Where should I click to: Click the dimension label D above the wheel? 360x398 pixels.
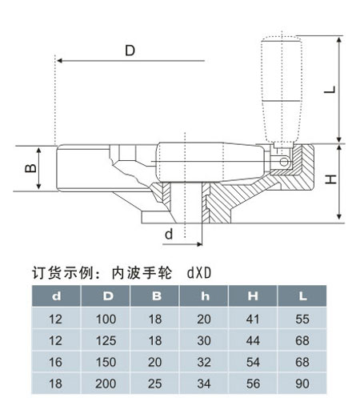click(x=130, y=50)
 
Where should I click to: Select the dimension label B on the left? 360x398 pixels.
click(x=30, y=168)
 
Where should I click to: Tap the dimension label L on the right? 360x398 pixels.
click(x=330, y=90)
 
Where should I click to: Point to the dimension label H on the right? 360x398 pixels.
click(x=330, y=179)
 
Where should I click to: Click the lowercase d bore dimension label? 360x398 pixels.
click(x=169, y=234)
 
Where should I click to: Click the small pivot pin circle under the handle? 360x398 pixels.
click(x=284, y=162)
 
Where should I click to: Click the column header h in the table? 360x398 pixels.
click(x=205, y=295)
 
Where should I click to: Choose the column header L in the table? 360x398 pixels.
click(x=302, y=295)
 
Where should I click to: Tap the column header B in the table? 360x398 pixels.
click(x=156, y=295)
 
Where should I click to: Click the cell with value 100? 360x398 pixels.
click(x=106, y=320)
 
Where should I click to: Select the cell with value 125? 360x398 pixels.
click(x=106, y=340)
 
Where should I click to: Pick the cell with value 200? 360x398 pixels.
click(x=106, y=384)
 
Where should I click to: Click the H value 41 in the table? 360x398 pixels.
click(x=253, y=320)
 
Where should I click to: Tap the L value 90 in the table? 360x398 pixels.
click(x=302, y=384)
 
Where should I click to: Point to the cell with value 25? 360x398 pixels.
click(x=155, y=384)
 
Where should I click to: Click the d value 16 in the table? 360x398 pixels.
click(x=55, y=362)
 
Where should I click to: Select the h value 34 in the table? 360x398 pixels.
click(x=204, y=384)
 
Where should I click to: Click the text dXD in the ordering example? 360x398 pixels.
click(x=199, y=273)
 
